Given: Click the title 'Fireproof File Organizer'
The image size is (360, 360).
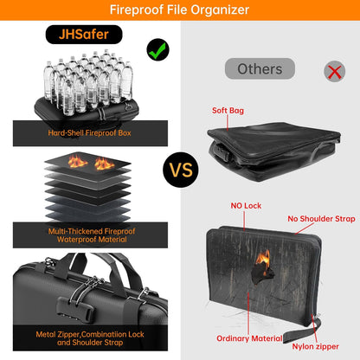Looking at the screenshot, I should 180,10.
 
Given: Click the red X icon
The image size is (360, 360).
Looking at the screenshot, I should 332,72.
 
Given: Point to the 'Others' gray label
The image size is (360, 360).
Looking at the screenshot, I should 260,68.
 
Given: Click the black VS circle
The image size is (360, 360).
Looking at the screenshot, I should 180,170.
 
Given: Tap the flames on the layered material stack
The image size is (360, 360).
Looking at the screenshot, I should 91,163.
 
